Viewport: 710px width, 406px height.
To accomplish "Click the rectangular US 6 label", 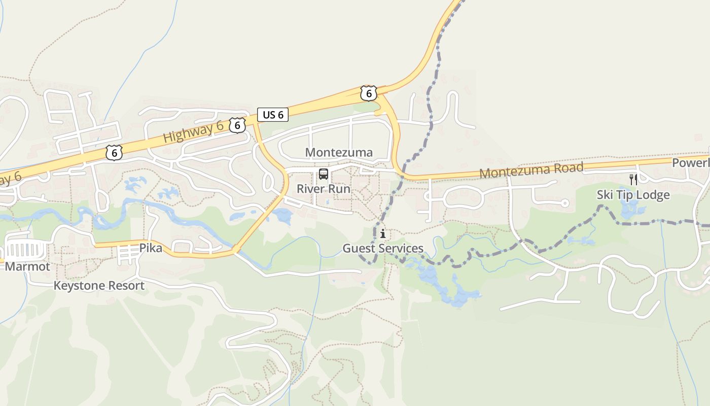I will [x=273, y=115].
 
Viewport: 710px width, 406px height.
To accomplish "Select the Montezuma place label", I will [x=339, y=152].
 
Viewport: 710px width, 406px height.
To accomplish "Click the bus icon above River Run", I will [x=324, y=175].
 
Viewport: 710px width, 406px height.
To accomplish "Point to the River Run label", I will [x=324, y=189].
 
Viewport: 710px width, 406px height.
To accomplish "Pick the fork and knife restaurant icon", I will [x=633, y=179].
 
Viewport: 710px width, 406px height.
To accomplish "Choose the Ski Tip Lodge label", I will [x=633, y=195].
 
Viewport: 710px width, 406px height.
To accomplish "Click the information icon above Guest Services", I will [x=383, y=234].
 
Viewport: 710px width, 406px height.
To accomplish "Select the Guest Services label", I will [x=383, y=248].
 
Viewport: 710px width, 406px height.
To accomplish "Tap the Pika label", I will [x=151, y=248].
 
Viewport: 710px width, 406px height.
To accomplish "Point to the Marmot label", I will [x=27, y=266].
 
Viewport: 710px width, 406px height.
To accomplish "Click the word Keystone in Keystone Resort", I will [x=77, y=286].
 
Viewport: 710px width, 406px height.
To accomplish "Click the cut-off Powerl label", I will [x=691, y=163].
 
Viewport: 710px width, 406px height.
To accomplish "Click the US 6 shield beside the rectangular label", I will [x=237, y=125].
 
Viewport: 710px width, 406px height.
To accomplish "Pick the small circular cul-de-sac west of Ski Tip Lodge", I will [x=565, y=203].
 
